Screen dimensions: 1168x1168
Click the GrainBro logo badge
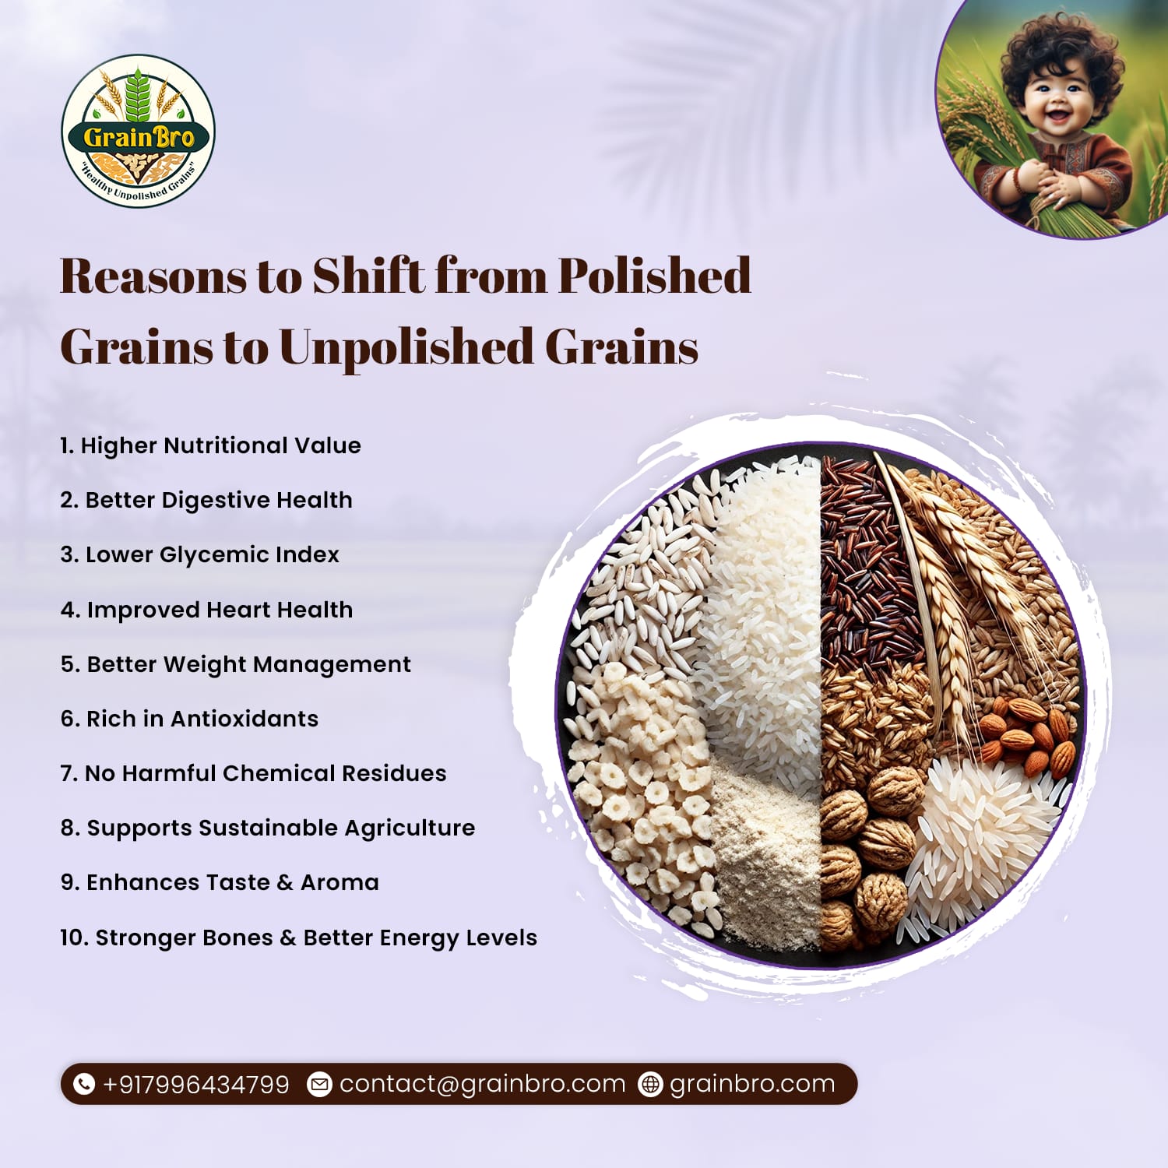point(139,131)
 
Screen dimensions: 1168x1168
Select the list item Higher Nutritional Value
point(210,445)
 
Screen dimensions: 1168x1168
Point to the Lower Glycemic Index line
point(199,554)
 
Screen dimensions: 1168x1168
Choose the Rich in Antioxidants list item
point(189,719)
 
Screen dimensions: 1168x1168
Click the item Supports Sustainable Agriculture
point(268,828)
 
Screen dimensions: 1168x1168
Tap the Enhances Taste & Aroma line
point(220,882)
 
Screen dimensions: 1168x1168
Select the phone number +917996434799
point(195,1084)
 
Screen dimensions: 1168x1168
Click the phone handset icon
point(83,1084)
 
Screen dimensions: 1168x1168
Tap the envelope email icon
point(319,1084)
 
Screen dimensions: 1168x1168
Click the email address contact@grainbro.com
point(482,1084)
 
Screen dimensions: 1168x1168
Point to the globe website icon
point(650,1084)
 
